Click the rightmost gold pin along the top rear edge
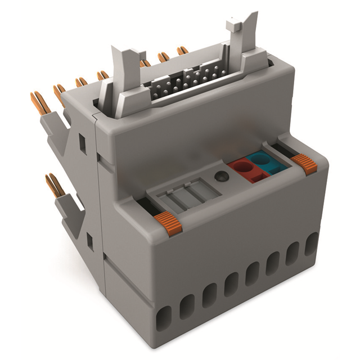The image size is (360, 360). tap(182, 51)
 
